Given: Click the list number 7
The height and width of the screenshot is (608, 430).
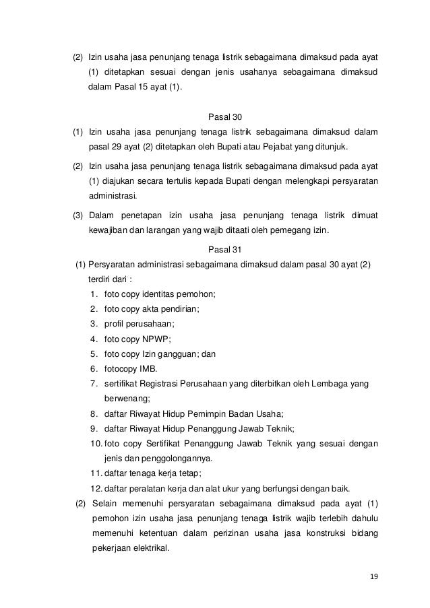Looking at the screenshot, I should coord(93,384).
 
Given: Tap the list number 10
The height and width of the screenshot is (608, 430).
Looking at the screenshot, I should coord(95,444).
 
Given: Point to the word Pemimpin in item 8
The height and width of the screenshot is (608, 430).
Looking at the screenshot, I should coord(207,413).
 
